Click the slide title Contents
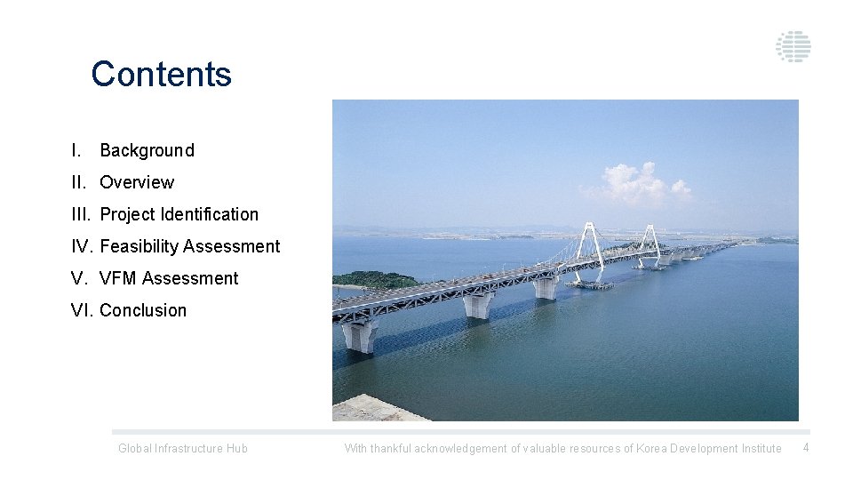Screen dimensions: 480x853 [x=161, y=74]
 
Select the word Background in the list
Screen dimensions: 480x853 [x=147, y=150]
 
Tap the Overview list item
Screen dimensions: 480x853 [x=137, y=182]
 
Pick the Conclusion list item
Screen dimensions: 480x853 [x=143, y=310]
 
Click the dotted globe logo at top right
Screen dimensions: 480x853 [x=793, y=46]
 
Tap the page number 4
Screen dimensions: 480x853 [x=806, y=447]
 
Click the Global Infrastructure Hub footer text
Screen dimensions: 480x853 [x=183, y=448]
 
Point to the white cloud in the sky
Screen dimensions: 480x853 [x=635, y=182]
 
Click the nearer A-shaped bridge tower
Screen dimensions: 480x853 [x=588, y=244]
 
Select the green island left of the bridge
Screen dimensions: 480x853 [x=373, y=280]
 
